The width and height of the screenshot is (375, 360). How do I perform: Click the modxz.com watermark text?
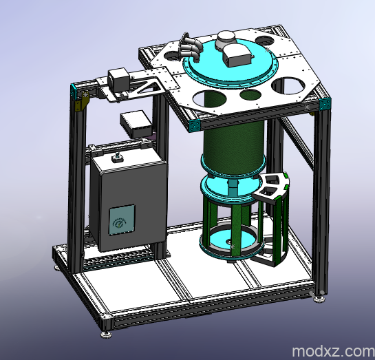tap(332, 351)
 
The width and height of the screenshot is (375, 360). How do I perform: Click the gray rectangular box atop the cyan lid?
tap(237, 55)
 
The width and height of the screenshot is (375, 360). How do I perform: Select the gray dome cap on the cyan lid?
tap(226, 39)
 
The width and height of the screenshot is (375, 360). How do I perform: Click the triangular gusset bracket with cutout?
tap(147, 87)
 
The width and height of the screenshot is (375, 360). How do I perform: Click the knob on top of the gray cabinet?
tap(117, 159)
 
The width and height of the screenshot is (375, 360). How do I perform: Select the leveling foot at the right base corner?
tap(319, 297)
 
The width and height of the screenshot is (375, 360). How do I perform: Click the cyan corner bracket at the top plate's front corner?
tap(194, 124)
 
